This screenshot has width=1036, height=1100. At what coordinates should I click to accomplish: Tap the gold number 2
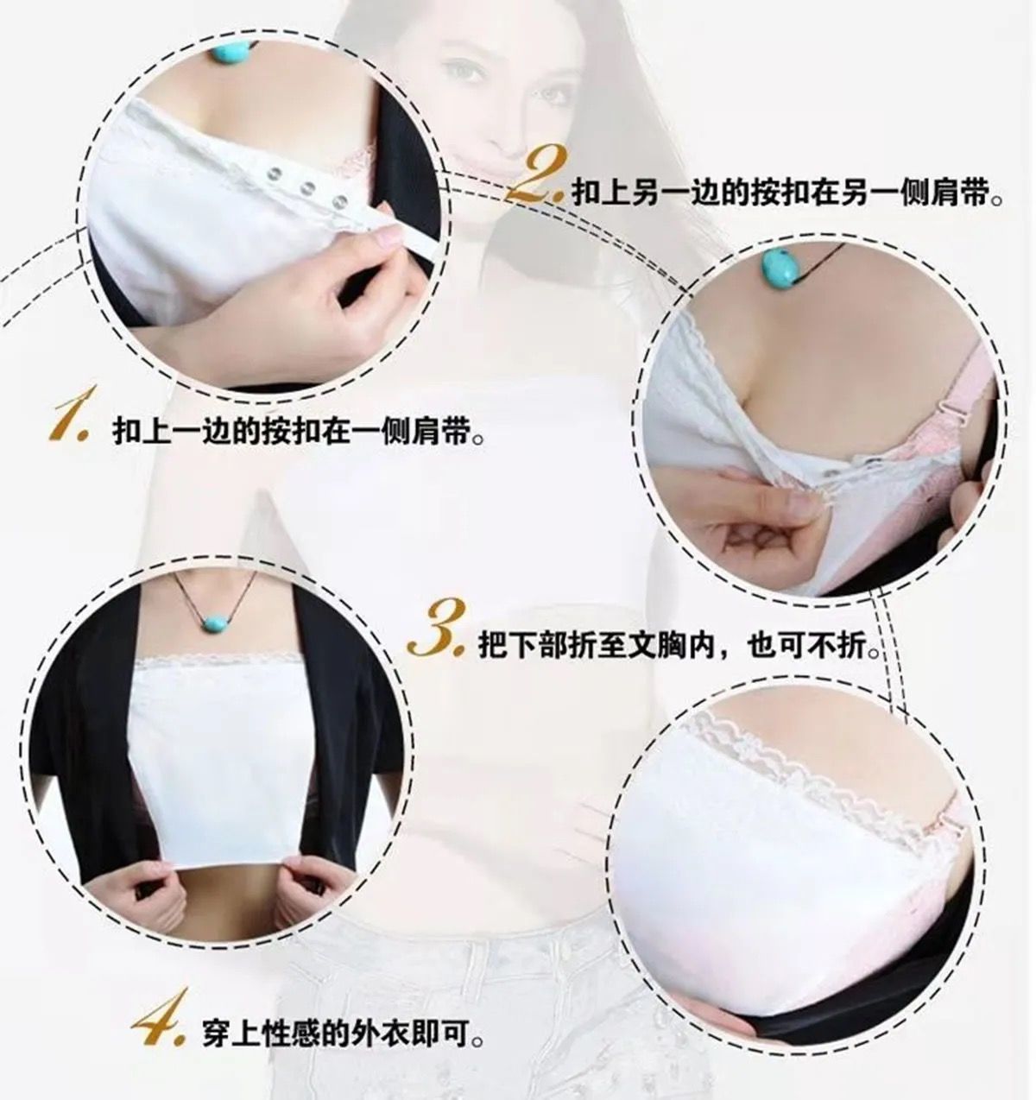click(537, 175)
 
